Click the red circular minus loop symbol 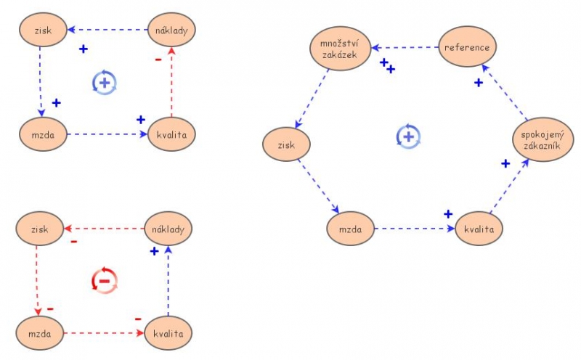click(x=105, y=279)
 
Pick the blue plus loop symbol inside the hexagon click(x=408, y=136)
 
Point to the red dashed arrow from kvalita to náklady click(x=171, y=81)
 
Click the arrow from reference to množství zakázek click(x=407, y=48)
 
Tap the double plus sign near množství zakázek click(x=387, y=65)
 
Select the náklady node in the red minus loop click(x=168, y=229)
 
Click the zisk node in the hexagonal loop click(x=286, y=145)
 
